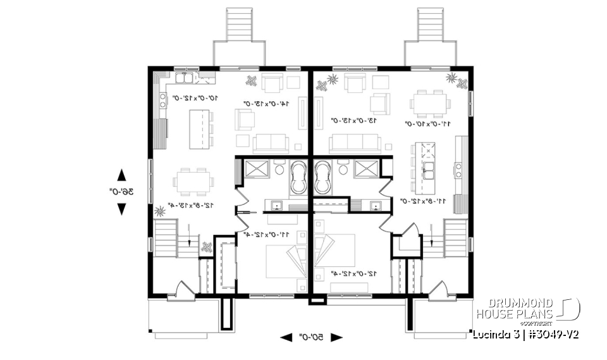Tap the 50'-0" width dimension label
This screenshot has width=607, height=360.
click(311, 337)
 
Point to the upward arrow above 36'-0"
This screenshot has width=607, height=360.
click(122, 175)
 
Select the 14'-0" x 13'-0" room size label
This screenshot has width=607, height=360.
click(267, 103)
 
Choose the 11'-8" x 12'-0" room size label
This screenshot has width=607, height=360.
click(427, 201)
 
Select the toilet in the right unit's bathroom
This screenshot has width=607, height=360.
click(344, 169)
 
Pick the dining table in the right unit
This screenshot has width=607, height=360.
click(430, 102)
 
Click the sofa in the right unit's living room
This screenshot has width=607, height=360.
click(354, 144)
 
